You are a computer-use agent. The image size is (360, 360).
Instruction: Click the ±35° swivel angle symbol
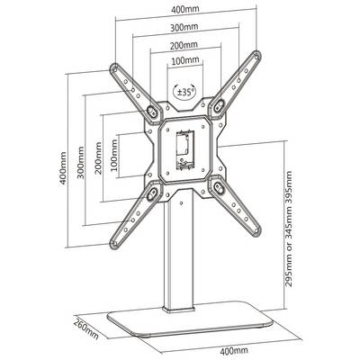[184, 91]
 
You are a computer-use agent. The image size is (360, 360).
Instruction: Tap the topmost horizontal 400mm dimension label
[185, 9]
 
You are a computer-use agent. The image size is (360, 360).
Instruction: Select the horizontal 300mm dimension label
[184, 27]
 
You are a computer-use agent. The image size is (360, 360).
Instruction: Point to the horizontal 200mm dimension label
[184, 46]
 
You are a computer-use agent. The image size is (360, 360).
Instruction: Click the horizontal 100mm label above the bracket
[185, 60]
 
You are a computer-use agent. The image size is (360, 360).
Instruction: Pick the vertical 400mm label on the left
[64, 168]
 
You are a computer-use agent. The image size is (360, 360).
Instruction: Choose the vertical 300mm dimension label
[81, 162]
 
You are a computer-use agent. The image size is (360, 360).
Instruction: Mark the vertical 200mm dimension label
[98, 157]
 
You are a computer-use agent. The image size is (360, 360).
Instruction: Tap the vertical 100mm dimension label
[114, 155]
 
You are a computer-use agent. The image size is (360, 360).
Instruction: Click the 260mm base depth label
[86, 328]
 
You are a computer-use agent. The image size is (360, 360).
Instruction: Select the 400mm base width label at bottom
[234, 350]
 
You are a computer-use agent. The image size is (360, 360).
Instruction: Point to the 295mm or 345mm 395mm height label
[288, 229]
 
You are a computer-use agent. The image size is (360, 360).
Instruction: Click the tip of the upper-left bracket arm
[114, 68]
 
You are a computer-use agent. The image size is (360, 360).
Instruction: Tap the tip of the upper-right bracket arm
[256, 55]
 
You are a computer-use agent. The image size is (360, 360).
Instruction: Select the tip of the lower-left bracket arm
[114, 244]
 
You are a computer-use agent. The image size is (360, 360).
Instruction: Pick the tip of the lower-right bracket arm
[256, 230]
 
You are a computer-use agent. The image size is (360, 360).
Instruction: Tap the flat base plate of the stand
[190, 321]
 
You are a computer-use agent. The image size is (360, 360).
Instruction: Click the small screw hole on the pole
[181, 202]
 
